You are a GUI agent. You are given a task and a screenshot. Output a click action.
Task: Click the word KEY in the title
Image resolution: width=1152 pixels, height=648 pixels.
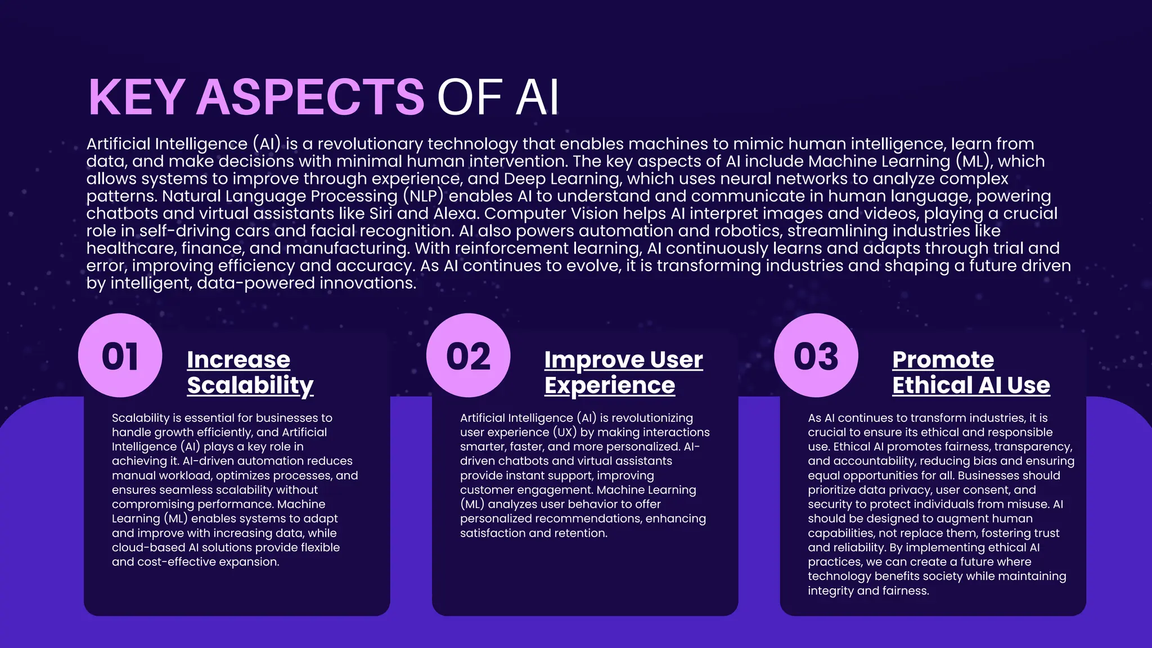point(137,97)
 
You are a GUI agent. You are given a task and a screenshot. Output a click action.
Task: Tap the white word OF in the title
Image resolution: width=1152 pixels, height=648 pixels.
point(469,97)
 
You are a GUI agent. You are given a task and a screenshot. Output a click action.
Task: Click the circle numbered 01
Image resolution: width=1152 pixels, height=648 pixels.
point(120,355)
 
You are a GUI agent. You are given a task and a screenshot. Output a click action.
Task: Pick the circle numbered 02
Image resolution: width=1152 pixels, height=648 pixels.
point(468,355)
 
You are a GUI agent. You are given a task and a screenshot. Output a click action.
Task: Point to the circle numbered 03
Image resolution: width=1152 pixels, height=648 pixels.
point(816,355)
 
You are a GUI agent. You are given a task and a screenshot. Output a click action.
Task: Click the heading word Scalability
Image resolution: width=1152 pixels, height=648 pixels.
point(250,385)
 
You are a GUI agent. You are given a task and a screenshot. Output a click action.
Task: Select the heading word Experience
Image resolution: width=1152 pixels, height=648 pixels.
point(610,385)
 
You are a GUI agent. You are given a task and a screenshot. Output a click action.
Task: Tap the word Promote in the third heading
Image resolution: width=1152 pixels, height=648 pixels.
point(943,359)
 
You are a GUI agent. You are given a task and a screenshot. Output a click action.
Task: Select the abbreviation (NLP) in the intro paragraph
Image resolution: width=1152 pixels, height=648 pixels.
point(423,196)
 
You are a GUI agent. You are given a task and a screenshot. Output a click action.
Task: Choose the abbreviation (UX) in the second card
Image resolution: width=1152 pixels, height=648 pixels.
point(565,433)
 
